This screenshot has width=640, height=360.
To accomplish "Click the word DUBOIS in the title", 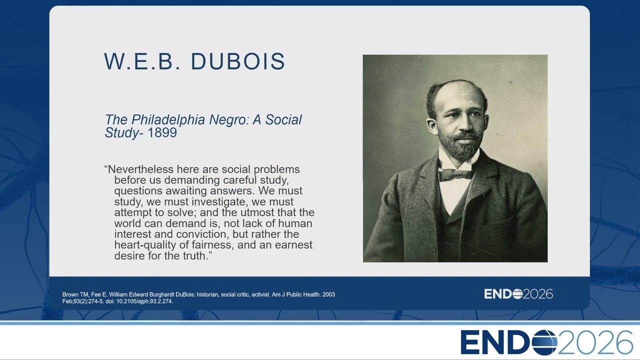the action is tap(237, 61).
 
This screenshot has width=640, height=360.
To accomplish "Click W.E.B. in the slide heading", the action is tap(142, 61).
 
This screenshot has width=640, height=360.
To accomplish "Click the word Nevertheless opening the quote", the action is tap(141, 169).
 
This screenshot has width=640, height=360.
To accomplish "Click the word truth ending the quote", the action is tap(194, 256).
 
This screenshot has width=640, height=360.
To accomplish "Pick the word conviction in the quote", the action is tap(202, 234).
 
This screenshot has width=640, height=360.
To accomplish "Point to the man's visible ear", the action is tap(432, 126).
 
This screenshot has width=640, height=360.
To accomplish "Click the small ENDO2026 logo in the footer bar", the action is tap(518, 294).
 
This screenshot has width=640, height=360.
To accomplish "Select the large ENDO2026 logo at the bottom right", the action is tap(547, 342).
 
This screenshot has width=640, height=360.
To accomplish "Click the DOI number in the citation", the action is tap(144, 301).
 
